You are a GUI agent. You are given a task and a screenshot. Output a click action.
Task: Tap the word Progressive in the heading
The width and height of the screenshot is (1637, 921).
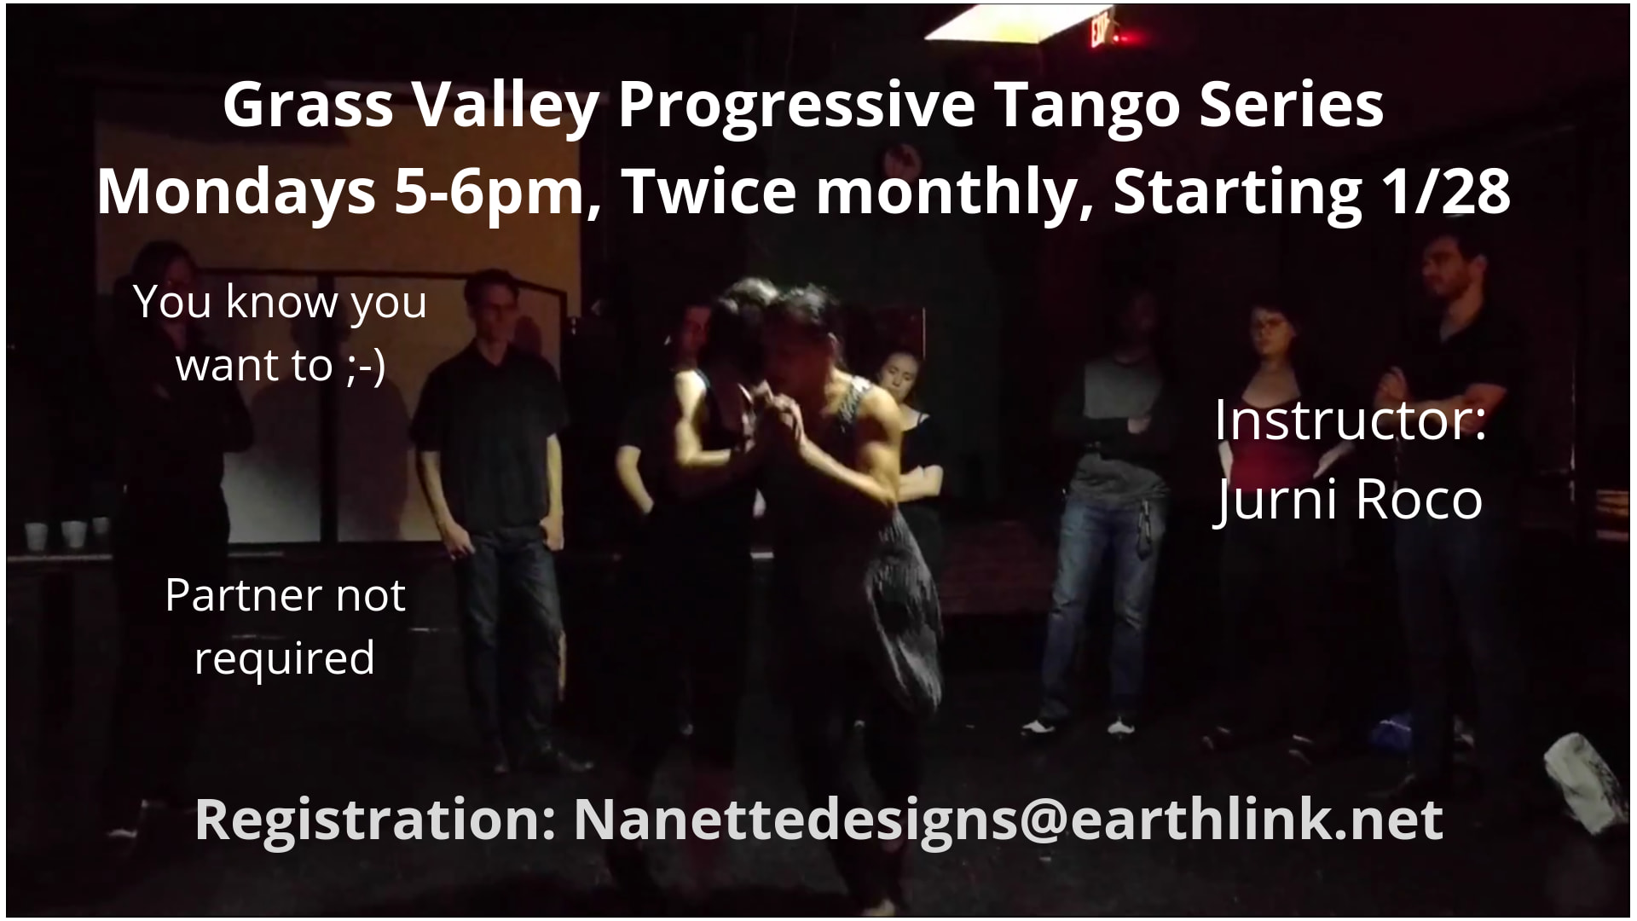(796, 107)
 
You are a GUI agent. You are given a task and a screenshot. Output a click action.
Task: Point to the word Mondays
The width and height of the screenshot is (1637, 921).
(236, 192)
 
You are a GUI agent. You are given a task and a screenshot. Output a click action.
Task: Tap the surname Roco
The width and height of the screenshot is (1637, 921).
(1418, 499)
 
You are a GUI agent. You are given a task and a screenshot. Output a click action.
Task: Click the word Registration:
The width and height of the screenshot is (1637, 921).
(375, 820)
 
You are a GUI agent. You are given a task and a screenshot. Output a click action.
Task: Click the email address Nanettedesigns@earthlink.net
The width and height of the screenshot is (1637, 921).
(1008, 820)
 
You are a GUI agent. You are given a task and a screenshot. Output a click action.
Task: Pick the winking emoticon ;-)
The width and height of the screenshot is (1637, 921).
(367, 365)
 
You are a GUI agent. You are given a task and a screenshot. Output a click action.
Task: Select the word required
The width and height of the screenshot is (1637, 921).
(285, 658)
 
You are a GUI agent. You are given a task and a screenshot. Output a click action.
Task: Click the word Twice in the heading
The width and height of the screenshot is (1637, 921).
(712, 192)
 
